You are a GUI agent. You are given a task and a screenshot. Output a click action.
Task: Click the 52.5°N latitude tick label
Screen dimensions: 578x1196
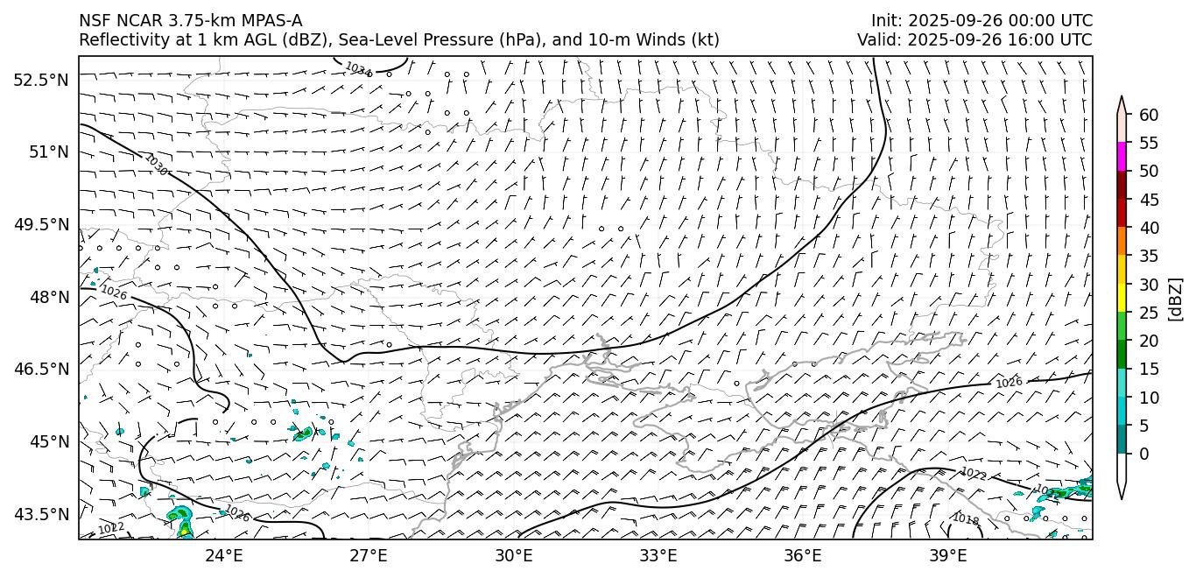[40, 80]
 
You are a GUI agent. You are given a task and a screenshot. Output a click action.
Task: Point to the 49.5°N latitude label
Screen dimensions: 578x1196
[40, 224]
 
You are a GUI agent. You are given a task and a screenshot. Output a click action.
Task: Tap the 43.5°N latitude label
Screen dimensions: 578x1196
[40, 513]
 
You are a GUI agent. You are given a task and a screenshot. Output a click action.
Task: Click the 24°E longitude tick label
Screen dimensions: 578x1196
[224, 555]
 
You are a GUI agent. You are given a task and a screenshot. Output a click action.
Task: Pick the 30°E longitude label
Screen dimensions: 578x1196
[513, 555]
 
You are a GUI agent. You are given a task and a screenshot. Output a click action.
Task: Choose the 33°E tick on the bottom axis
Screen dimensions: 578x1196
[658, 555]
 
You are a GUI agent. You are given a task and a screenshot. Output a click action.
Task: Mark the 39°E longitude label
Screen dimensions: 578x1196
[947, 555]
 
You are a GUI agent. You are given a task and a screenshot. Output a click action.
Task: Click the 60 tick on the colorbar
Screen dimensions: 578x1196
[1149, 115]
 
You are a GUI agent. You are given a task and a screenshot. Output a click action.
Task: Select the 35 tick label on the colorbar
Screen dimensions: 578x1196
[1149, 257]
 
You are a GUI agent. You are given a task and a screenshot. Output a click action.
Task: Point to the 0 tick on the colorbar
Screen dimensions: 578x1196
[1144, 454]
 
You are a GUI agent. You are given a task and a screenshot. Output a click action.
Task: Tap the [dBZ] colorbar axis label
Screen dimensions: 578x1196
[1175, 300]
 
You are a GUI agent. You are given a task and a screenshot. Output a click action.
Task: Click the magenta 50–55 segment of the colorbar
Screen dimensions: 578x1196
[1122, 157]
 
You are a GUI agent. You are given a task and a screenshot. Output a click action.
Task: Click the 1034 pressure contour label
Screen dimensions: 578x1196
[357, 68]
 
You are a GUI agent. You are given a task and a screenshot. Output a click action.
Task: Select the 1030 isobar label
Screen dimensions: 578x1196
[156, 164]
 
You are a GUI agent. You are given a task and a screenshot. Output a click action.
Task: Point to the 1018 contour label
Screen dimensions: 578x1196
[966, 519]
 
